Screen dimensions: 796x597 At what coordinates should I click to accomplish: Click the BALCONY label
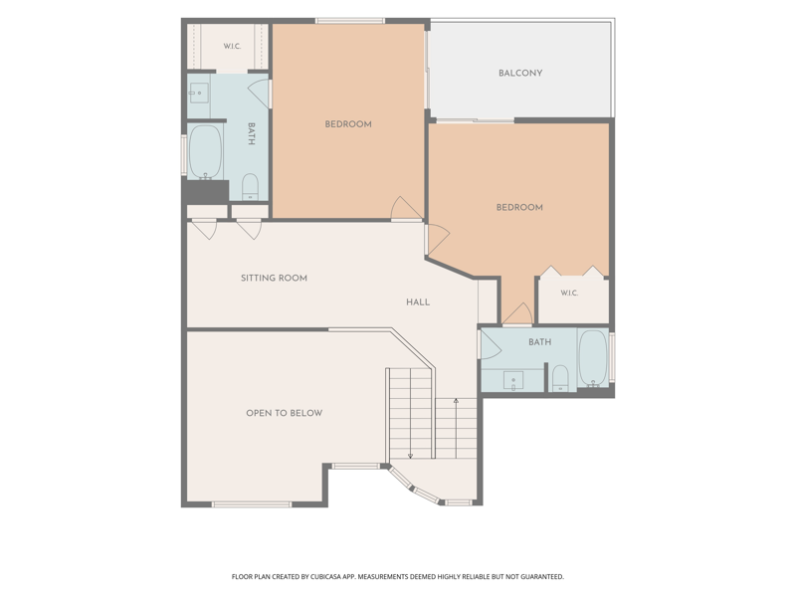coord(520,73)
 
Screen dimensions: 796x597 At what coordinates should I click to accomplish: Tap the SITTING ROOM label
coord(275,279)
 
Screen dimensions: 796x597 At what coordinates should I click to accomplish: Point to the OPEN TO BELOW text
coord(285,413)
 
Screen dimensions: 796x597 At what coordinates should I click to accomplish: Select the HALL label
coord(418,302)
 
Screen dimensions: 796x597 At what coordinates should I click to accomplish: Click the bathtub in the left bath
coord(206,152)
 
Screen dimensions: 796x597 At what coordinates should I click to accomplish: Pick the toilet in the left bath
coord(250,187)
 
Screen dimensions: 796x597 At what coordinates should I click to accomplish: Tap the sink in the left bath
coord(198,94)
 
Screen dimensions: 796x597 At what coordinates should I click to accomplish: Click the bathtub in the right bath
coord(593,358)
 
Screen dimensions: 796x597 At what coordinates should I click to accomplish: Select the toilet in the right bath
coord(560,378)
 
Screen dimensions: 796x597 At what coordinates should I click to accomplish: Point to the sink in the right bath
coord(513,381)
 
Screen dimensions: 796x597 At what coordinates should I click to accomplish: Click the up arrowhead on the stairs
coord(456,401)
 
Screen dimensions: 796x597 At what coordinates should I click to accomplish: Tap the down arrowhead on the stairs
coord(410,456)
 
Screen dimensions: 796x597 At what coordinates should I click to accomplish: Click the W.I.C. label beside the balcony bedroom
coord(569,293)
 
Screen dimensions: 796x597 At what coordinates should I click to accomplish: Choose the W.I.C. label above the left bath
coord(232,46)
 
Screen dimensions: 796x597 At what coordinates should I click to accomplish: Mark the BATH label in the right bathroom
coord(539,342)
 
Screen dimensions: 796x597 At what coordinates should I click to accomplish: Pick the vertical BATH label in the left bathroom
coord(252,133)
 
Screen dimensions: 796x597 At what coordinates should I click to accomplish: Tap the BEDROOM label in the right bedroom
coord(519,207)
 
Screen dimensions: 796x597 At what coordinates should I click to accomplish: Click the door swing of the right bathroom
coord(492,345)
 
